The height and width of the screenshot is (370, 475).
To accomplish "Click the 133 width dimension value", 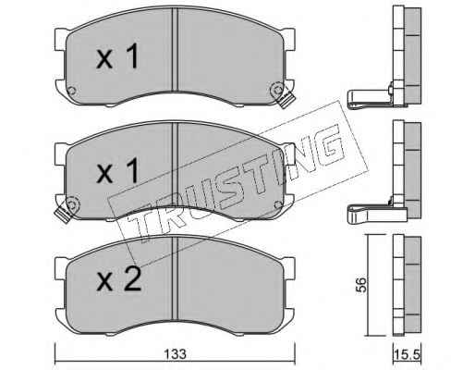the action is [x=175, y=354].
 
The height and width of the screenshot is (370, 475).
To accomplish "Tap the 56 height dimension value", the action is [x=361, y=285].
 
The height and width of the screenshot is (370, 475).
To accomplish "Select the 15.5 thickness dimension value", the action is [x=407, y=355].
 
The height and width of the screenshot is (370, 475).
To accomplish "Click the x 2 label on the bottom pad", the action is [x=118, y=278].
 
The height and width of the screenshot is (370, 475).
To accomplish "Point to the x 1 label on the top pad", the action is [x=117, y=55].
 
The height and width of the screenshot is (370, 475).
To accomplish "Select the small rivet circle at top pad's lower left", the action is [x=71, y=91].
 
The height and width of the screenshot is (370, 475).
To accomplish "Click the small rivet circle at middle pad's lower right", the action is [x=278, y=204].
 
